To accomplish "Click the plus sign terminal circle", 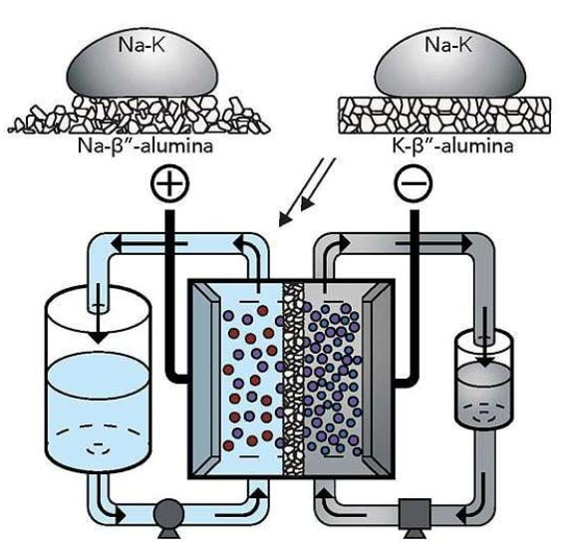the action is pos(169,183).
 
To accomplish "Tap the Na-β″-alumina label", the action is pos(145,146).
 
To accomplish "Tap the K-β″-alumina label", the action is pos(452,146).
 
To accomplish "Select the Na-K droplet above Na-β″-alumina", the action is pos(141,64).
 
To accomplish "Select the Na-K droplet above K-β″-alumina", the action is pos(449,64).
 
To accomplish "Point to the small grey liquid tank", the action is pos(484,379).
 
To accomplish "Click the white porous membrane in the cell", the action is pos(293,379).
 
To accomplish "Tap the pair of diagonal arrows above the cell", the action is pos(307,191).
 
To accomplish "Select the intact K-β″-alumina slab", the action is pos(444,116).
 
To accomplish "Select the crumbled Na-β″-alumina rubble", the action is pos(139,116).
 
